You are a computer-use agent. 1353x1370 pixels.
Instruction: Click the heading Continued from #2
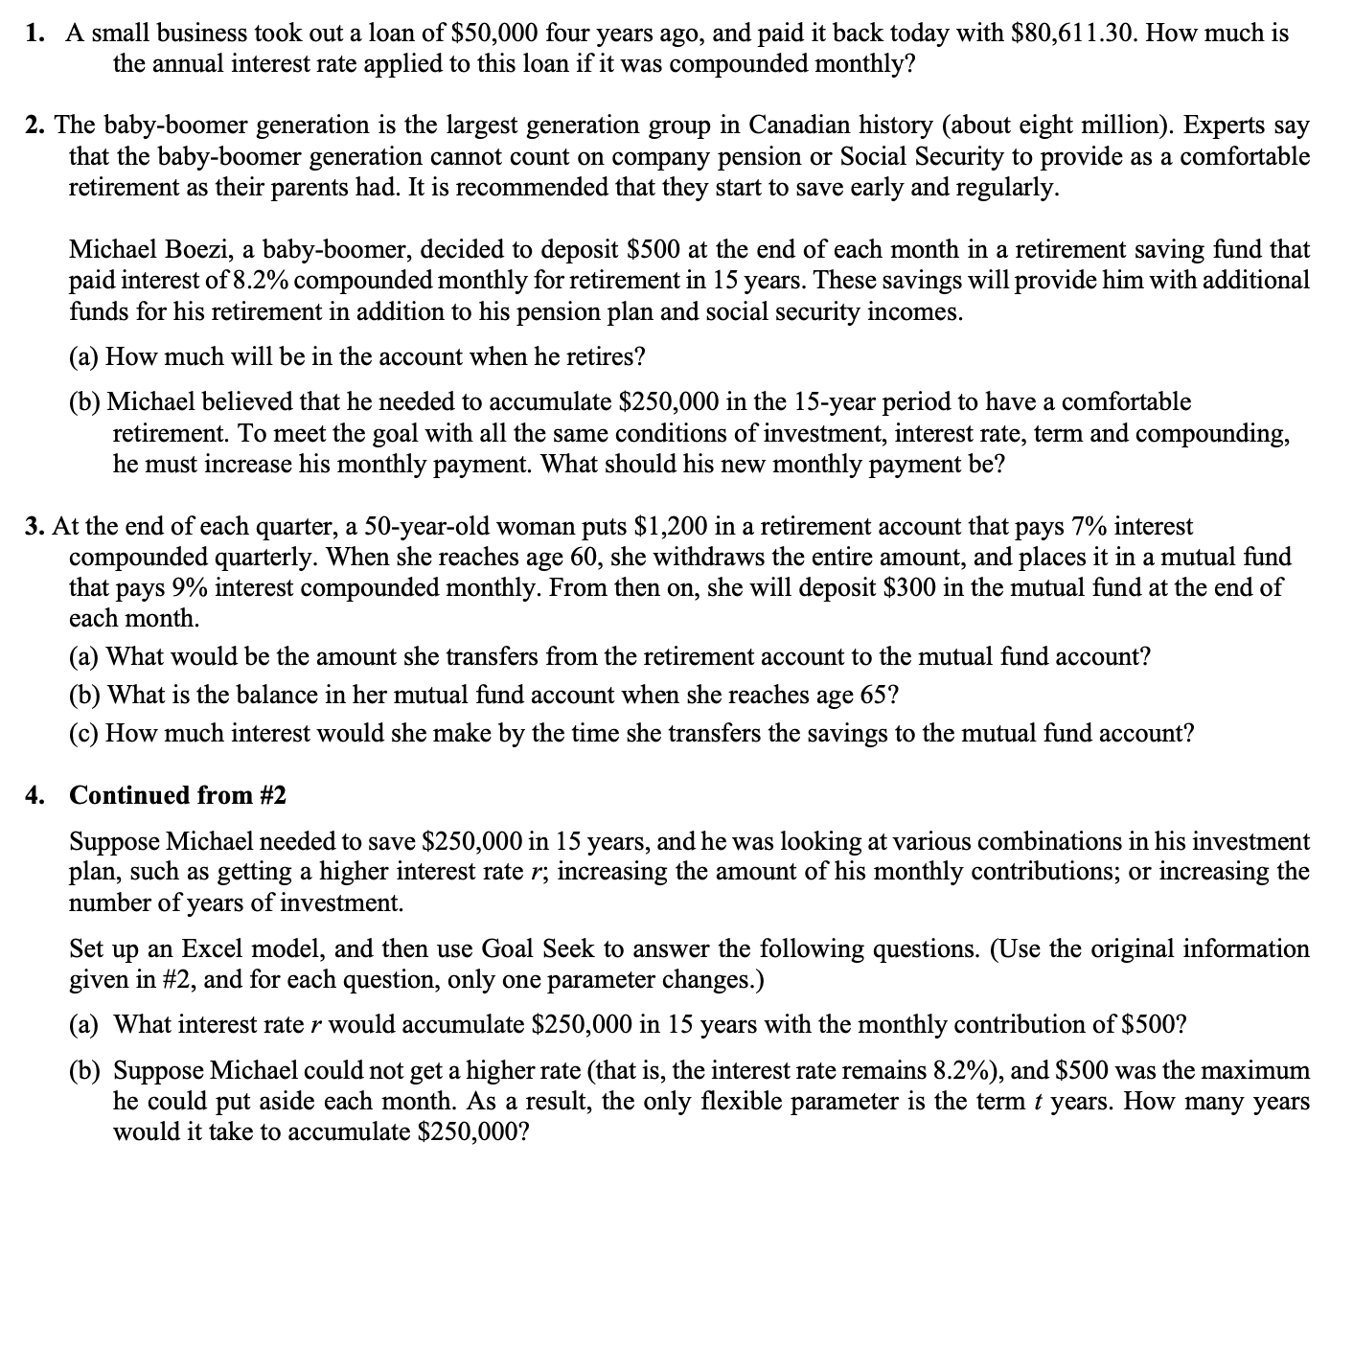pyautogui.click(x=178, y=796)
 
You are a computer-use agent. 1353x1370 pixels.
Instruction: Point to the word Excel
pyautogui.click(x=219, y=949)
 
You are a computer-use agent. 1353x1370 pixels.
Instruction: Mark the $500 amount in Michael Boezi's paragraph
pyautogui.click(x=654, y=250)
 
